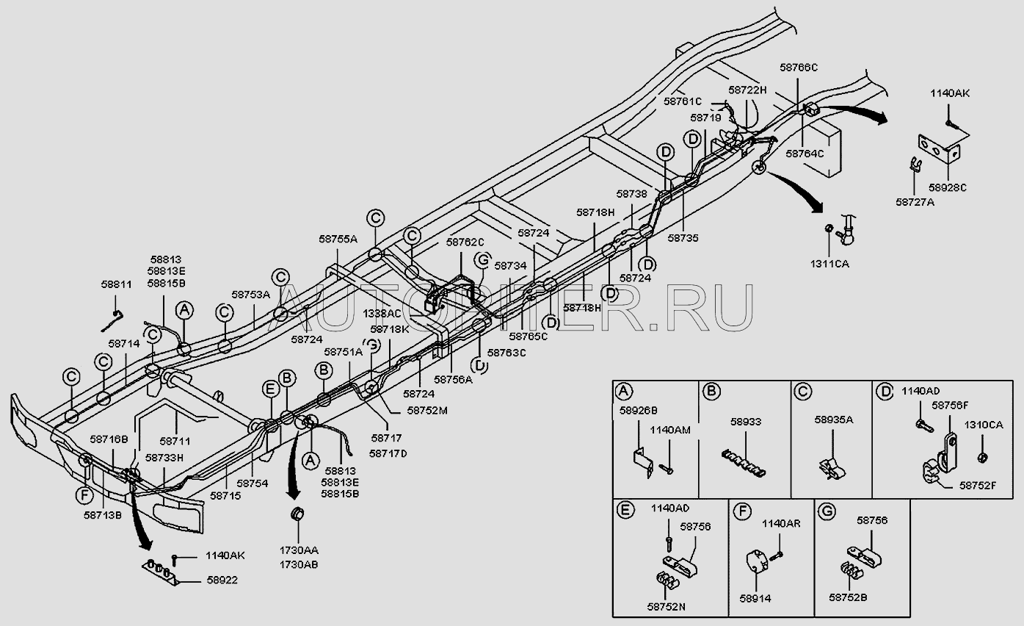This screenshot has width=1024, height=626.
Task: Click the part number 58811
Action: pyautogui.click(x=116, y=284)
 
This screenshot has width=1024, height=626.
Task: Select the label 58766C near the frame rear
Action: pyautogui.click(x=799, y=68)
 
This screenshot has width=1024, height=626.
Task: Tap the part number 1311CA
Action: pyautogui.click(x=830, y=264)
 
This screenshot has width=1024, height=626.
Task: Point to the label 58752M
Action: pyautogui.click(x=427, y=411)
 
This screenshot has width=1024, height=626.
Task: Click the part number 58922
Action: pyautogui.click(x=222, y=580)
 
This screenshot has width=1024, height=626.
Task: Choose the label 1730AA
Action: pyautogui.click(x=298, y=550)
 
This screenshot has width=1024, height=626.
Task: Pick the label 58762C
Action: pyautogui.click(x=465, y=242)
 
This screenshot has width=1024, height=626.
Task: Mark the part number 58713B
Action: pyautogui.click(x=103, y=515)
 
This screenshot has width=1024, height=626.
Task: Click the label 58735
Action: pyautogui.click(x=683, y=238)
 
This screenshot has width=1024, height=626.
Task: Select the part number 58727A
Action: pyautogui.click(x=915, y=201)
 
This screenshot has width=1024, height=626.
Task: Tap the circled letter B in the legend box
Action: pyautogui.click(x=711, y=391)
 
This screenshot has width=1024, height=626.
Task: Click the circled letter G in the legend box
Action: pyautogui.click(x=826, y=508)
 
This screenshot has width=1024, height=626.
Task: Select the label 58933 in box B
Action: pyautogui.click(x=745, y=422)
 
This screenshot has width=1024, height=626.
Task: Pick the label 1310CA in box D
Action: pyautogui.click(x=984, y=425)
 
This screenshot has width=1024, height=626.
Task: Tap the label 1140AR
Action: pyautogui.click(x=780, y=524)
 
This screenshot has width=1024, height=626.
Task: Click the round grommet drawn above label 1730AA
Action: pyautogui.click(x=298, y=514)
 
